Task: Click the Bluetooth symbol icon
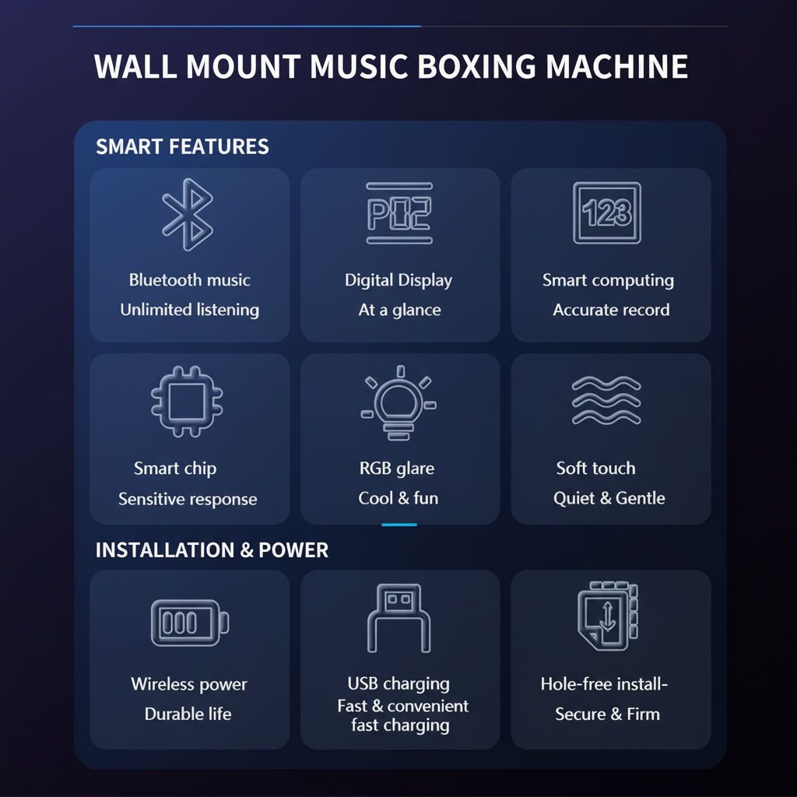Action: (x=188, y=214)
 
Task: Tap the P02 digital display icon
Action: (x=399, y=213)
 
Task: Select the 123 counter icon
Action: (x=607, y=213)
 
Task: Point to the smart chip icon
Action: (x=187, y=401)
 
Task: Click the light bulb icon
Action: (x=399, y=402)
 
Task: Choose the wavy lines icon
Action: (x=606, y=401)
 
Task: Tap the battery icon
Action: (x=190, y=623)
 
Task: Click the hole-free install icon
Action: (x=608, y=616)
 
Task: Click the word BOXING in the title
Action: (x=477, y=67)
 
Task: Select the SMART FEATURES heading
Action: (x=182, y=146)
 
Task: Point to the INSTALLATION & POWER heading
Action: (x=212, y=550)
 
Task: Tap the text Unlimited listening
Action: (x=190, y=310)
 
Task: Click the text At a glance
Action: (x=399, y=310)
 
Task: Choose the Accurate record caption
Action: (x=611, y=310)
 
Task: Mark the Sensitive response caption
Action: (x=188, y=499)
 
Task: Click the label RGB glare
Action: (x=397, y=468)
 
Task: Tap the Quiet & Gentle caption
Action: (x=609, y=498)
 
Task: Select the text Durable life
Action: (x=188, y=714)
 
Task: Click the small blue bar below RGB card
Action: (x=399, y=525)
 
